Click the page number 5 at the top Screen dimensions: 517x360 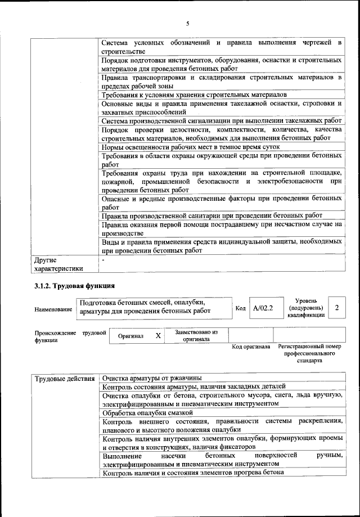click(x=188, y=23)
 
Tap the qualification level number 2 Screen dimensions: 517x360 click(x=336, y=308)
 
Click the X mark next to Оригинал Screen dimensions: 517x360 click(x=158, y=336)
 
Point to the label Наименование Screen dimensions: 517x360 click(x=53, y=309)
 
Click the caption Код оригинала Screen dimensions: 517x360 click(x=251, y=347)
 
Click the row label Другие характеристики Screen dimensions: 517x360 click(x=58, y=264)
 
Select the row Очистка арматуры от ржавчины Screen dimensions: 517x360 click(x=152, y=378)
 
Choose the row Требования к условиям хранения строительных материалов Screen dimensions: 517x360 click(x=194, y=95)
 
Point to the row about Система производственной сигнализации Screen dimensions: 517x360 click(x=222, y=120)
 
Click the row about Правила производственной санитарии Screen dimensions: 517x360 click(x=212, y=215)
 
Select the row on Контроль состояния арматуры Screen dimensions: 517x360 click(x=194, y=386)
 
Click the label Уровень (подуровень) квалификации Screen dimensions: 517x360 click(x=305, y=308)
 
